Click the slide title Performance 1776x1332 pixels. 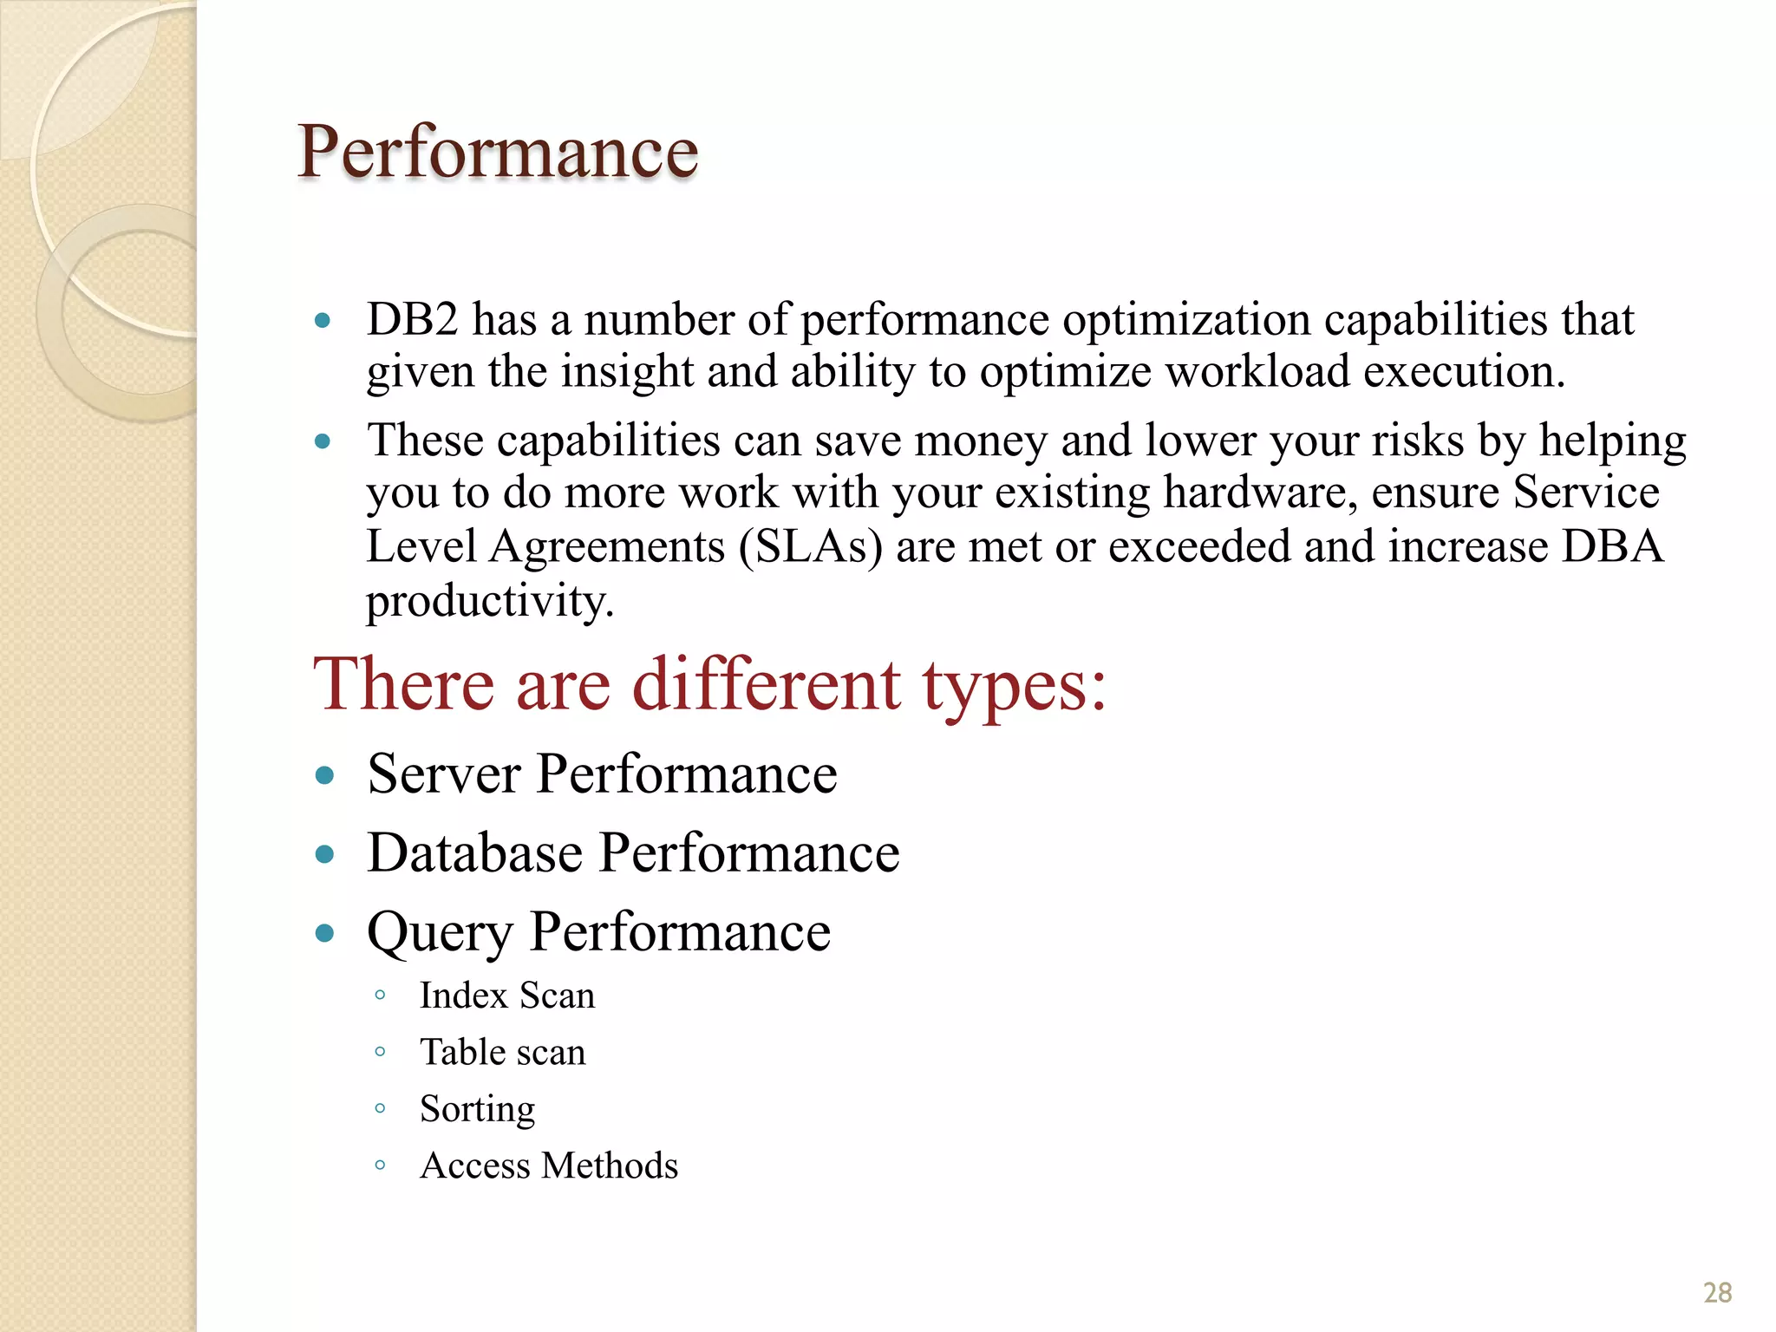click(x=498, y=152)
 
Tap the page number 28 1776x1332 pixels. click(x=1717, y=1293)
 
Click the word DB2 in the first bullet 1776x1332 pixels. click(x=412, y=320)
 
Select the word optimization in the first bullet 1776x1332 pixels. click(x=1186, y=320)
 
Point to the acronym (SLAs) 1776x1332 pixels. click(x=811, y=547)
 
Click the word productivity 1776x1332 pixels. click(x=490, y=601)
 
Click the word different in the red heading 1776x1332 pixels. click(x=767, y=685)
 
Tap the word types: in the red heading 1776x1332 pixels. click(x=1013, y=685)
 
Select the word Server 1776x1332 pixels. click(x=444, y=774)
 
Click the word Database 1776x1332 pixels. click(x=474, y=852)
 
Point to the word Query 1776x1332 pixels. click(x=440, y=933)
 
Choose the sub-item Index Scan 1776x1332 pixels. click(x=507, y=996)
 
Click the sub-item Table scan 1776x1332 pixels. click(x=503, y=1052)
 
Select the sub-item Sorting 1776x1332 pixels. click(x=477, y=1109)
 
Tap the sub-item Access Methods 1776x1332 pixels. click(x=549, y=1165)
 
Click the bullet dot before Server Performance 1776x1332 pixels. click(x=325, y=775)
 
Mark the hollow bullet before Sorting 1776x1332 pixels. click(x=380, y=1108)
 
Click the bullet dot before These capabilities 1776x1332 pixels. click(x=323, y=441)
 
